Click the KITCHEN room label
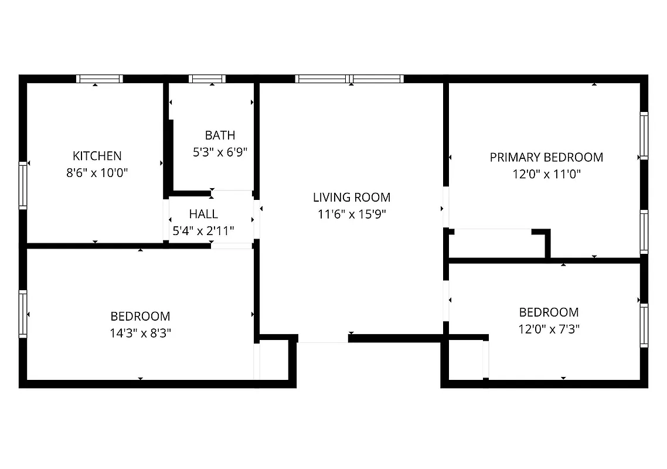97,156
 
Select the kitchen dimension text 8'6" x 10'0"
97,173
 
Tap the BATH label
220,135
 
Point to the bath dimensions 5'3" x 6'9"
220,152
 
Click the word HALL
203,214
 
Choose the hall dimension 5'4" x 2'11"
203,231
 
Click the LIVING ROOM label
351,198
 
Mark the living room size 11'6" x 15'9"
351,215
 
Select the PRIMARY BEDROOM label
546,157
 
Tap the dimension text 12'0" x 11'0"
546,174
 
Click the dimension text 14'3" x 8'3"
140,333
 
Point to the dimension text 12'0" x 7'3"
549,329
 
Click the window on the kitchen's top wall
100,79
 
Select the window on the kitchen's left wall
23,186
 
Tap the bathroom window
207,79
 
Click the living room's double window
349,79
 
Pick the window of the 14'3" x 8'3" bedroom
23,314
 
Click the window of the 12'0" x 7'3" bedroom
644,325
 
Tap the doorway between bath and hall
232,193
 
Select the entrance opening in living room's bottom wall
323,339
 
